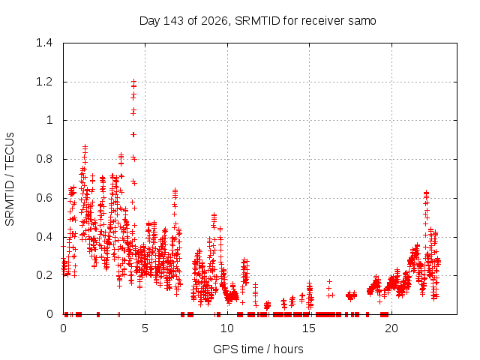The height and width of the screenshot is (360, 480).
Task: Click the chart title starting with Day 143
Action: (257, 21)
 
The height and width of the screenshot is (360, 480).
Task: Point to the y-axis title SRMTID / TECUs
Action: (10, 179)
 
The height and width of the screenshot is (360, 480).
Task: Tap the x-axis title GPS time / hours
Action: (258, 349)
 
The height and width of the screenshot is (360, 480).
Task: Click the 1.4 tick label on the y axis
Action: (44, 43)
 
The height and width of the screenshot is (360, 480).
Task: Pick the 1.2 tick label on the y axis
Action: (44, 82)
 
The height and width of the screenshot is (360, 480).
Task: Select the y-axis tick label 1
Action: (49, 120)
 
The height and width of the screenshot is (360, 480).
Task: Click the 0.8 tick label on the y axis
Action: (44, 159)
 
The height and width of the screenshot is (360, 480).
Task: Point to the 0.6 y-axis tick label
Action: (44, 198)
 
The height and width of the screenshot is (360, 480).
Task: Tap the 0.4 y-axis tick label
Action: (44, 237)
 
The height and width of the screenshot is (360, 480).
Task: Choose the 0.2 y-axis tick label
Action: (44, 275)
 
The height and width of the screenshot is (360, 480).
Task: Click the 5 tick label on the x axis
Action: (145, 328)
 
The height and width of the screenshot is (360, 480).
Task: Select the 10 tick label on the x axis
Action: (226, 328)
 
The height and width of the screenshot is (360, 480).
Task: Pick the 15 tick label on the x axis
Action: (309, 328)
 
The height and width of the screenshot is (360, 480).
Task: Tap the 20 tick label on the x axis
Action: (391, 328)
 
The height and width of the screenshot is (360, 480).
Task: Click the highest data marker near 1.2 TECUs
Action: (133, 82)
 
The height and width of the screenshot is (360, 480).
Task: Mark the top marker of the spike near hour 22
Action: (426, 192)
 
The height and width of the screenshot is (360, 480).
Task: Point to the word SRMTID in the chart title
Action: (257, 21)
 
